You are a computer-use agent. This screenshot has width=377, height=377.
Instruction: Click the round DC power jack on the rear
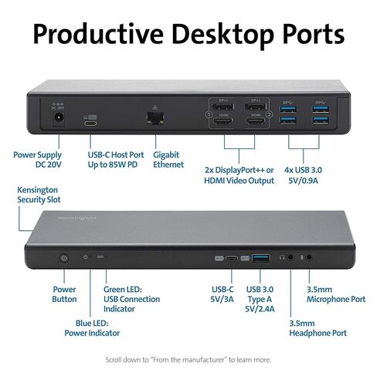pyautogui.click(x=59, y=119)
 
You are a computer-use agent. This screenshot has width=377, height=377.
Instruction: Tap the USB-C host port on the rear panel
pyautogui.click(x=90, y=123)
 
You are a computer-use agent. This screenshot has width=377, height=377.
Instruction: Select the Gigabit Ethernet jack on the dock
pyautogui.click(x=155, y=117)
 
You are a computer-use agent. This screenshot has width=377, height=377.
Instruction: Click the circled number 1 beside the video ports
pyautogui.click(x=209, y=114)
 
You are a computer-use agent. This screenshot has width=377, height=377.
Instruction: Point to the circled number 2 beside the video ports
pyautogui.click(x=270, y=114)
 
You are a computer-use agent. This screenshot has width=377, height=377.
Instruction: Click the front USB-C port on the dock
pyautogui.click(x=232, y=257)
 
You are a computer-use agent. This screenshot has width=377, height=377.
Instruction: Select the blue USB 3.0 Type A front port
pyautogui.click(x=260, y=257)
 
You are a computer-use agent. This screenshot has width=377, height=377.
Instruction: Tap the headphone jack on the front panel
pyautogui.click(x=290, y=257)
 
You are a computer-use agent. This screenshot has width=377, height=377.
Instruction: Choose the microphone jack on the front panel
pyautogui.click(x=309, y=257)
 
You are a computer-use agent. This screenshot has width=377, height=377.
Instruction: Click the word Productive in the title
pyautogui.click(x=98, y=34)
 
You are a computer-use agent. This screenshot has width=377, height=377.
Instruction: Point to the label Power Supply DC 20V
pyautogui.click(x=38, y=159)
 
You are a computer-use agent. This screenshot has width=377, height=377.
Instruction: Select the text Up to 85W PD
pyautogui.click(x=113, y=165)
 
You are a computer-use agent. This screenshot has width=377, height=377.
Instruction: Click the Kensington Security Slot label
pyautogui.click(x=39, y=195)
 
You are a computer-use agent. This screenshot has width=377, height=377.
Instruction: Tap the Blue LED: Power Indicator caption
pyautogui.click(x=92, y=328)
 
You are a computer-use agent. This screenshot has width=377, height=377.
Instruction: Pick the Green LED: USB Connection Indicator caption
pyautogui.click(x=131, y=299)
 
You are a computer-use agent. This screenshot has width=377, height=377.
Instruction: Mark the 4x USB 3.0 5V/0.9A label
pyautogui.click(x=303, y=175)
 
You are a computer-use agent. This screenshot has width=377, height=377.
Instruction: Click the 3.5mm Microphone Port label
pyautogui.click(x=336, y=294)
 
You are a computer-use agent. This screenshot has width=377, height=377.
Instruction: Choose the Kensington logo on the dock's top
pyautogui.click(x=77, y=219)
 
